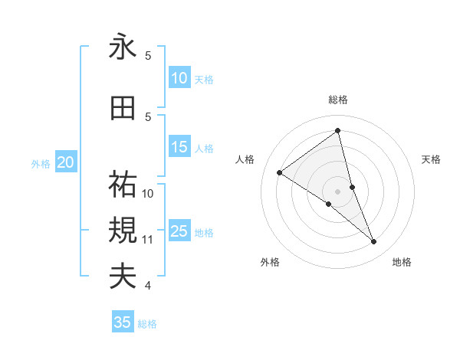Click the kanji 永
pyautogui.click(x=123, y=47)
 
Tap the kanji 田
pyautogui.click(x=123, y=109)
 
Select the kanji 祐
pyautogui.click(x=123, y=184)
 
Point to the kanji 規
pyautogui.click(x=123, y=231)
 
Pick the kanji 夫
pyautogui.click(x=123, y=277)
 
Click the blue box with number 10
pyautogui.click(x=179, y=78)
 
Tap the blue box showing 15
pyautogui.click(x=179, y=147)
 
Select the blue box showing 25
pyautogui.click(x=179, y=231)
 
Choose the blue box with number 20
pyautogui.click(x=66, y=162)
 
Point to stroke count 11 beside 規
pyautogui.click(x=148, y=240)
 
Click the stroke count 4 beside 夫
pyautogui.click(x=147, y=286)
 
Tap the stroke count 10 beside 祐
pyautogui.click(x=148, y=193)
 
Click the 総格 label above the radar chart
pyautogui.click(x=337, y=100)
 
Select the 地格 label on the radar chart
pyautogui.click(x=402, y=263)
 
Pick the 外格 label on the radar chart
pyautogui.click(x=270, y=263)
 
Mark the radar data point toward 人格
pyautogui.click(x=280, y=172)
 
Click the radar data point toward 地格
pyautogui.click(x=374, y=242)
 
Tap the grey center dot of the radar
pyautogui.click(x=337, y=191)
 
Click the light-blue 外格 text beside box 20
pyautogui.click(x=40, y=163)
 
